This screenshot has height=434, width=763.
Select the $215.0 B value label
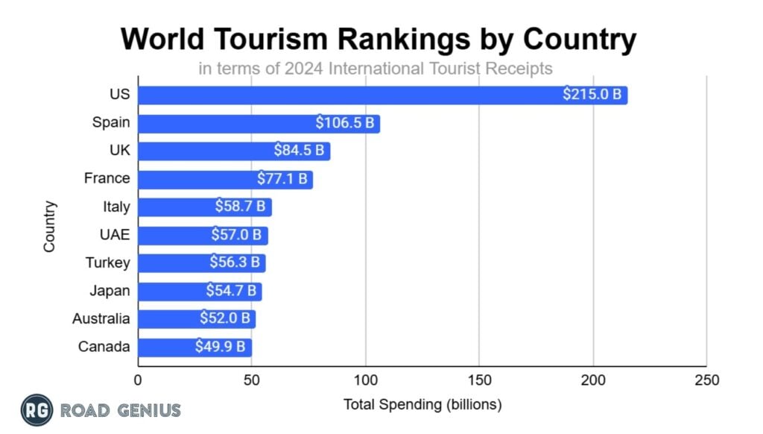click(x=592, y=95)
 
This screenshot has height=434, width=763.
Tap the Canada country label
click(x=104, y=347)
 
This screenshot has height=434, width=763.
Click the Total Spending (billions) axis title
click(x=422, y=405)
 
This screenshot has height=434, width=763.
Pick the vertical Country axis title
click(x=50, y=224)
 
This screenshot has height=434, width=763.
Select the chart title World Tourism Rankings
click(x=379, y=39)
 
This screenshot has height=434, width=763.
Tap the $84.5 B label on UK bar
click(x=300, y=151)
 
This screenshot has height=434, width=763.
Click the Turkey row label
click(x=107, y=262)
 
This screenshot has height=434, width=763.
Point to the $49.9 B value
click(x=221, y=347)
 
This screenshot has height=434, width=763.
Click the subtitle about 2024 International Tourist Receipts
click(x=376, y=69)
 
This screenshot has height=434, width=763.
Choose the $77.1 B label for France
click(x=282, y=179)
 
